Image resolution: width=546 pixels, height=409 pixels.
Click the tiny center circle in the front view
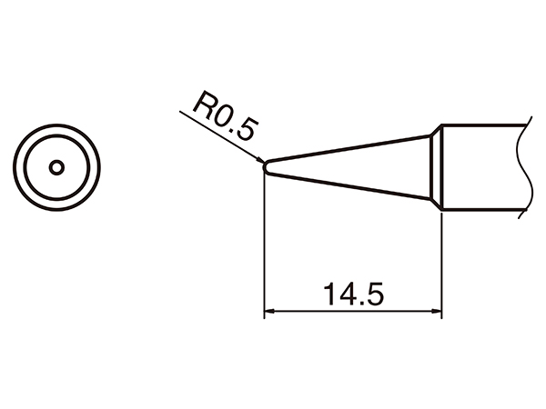[56, 167]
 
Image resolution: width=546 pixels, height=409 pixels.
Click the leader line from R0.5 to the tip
[218, 136]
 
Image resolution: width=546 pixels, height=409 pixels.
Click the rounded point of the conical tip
[264, 167]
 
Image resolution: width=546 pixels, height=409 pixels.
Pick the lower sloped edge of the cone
[346, 185]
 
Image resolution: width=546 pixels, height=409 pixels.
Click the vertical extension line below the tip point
[263, 245]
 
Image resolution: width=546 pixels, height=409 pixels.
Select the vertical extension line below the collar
[441, 264]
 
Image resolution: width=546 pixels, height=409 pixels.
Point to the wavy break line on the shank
[521, 168]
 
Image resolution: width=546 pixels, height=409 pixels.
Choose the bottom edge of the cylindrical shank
[482, 211]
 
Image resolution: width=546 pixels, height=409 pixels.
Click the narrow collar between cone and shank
[436, 168]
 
